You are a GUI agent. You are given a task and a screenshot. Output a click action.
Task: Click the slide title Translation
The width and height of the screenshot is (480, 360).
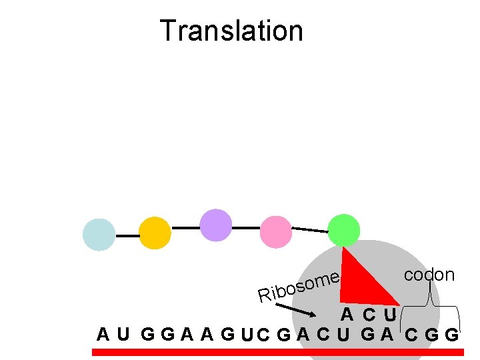pyautogui.click(x=231, y=31)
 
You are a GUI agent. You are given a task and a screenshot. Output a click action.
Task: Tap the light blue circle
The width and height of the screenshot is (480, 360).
pyautogui.click(x=99, y=235)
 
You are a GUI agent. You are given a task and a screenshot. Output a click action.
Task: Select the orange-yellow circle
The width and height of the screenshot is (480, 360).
pyautogui.click(x=155, y=233)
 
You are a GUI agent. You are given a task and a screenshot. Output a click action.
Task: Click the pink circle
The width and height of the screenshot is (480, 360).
pyautogui.click(x=276, y=230)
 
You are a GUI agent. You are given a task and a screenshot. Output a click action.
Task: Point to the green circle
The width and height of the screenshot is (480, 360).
pyautogui.click(x=344, y=229)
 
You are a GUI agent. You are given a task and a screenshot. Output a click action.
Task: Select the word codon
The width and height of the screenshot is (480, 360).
pyautogui.click(x=429, y=275)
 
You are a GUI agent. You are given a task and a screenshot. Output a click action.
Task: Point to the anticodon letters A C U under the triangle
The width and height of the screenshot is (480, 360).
pyautogui.click(x=369, y=314)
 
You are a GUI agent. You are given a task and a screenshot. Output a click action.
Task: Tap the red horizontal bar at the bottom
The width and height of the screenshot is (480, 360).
pyautogui.click(x=277, y=352)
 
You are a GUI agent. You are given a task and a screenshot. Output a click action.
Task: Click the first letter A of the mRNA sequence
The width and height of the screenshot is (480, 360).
pyautogui.click(x=103, y=333)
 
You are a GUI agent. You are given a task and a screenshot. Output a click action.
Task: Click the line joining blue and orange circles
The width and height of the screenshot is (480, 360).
pyautogui.click(x=127, y=235)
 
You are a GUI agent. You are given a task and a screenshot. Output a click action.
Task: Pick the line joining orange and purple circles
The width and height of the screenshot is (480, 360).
pyautogui.click(x=185, y=227)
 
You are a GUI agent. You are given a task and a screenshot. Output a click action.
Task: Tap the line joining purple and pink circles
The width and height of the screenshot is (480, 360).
pyautogui.click(x=246, y=227)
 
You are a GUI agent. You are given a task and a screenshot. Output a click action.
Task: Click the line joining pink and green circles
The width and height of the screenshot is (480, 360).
pyautogui.click(x=310, y=230)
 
